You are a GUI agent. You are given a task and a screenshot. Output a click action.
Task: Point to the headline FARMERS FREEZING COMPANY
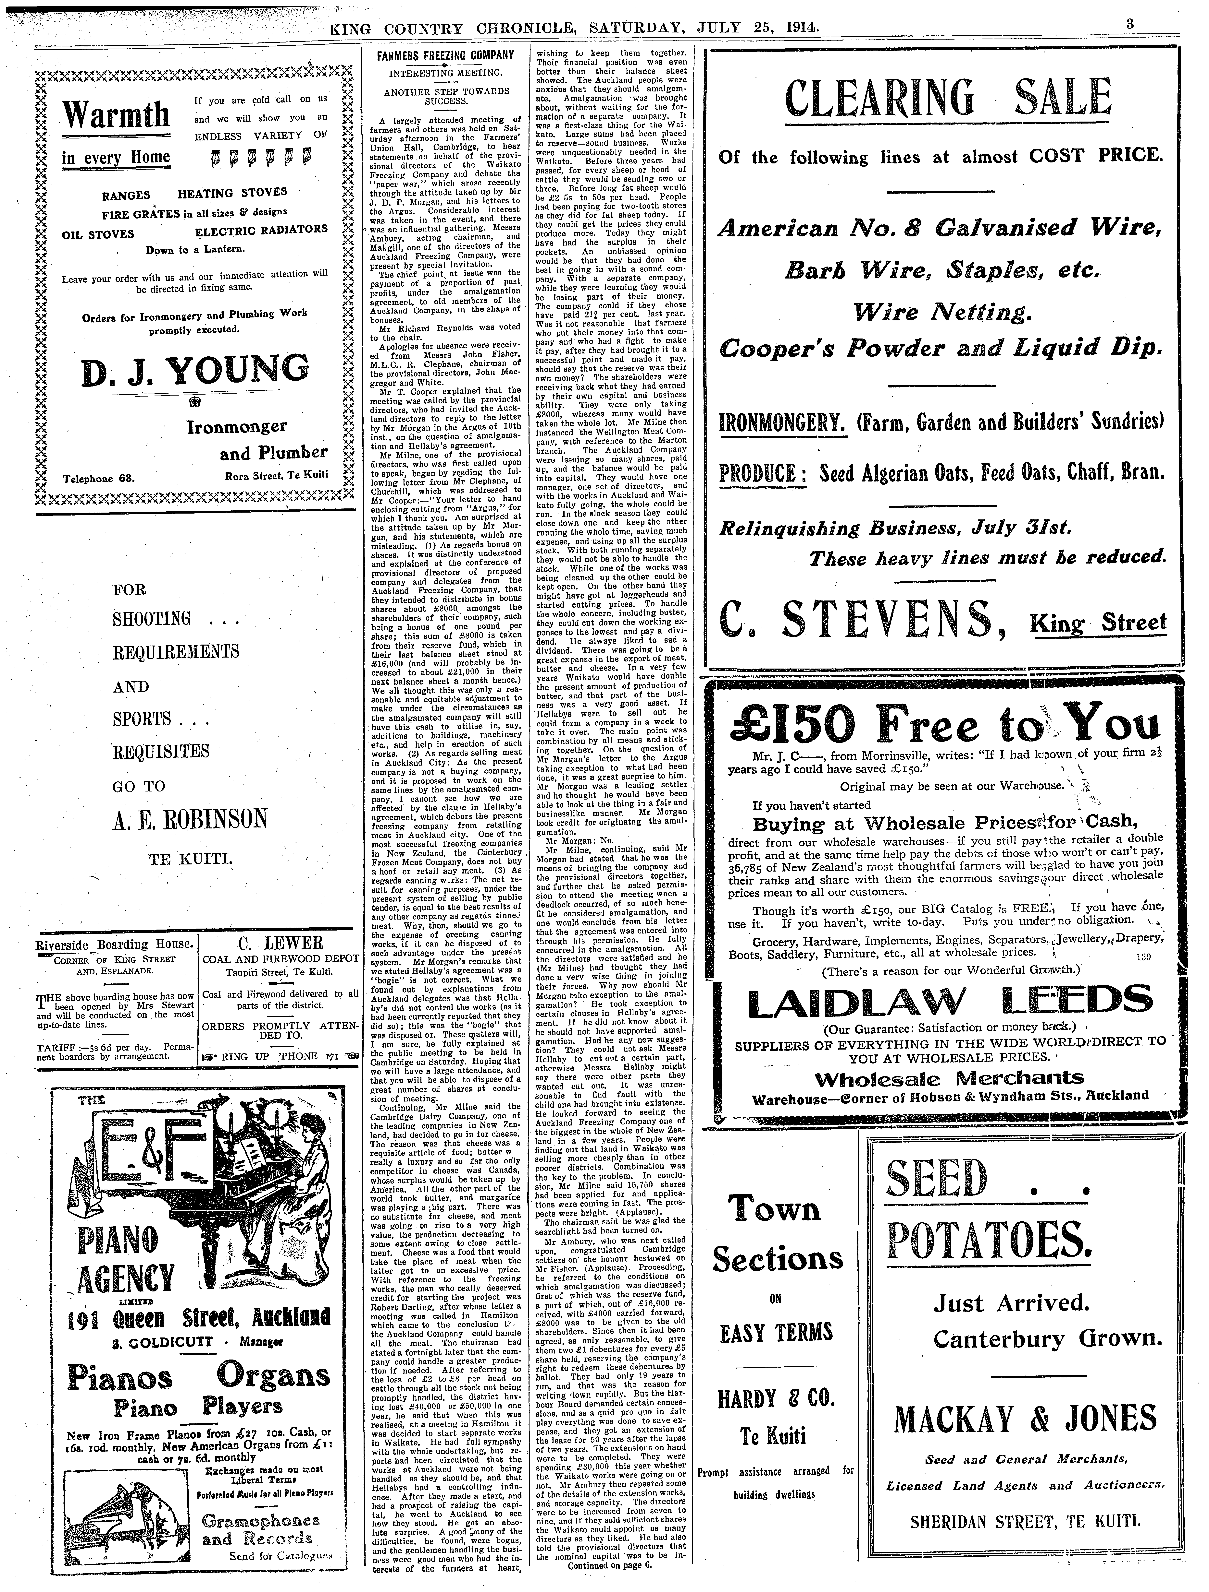point(446,55)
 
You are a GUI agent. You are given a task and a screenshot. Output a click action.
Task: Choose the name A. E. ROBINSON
point(189,819)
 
